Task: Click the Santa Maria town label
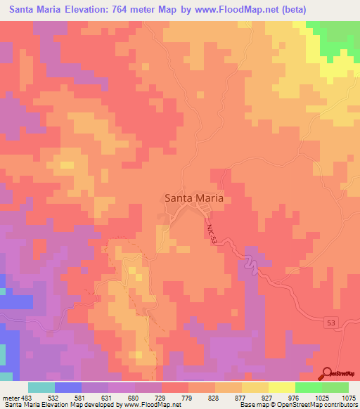click(194, 198)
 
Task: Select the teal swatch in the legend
click(41, 387)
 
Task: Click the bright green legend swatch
click(309, 387)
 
